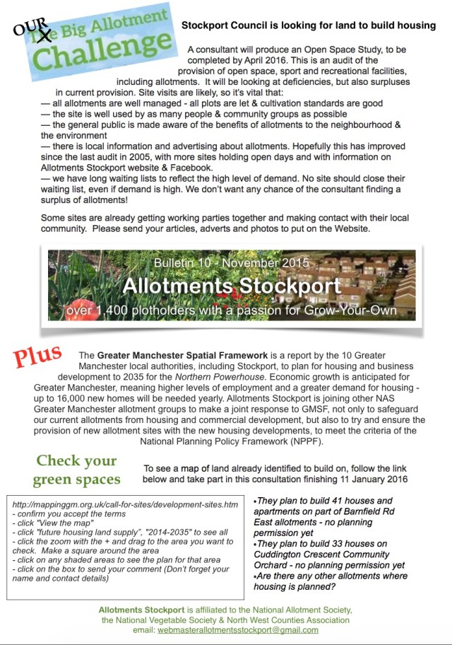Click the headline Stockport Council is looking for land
click(309, 25)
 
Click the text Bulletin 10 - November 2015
click(231, 262)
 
